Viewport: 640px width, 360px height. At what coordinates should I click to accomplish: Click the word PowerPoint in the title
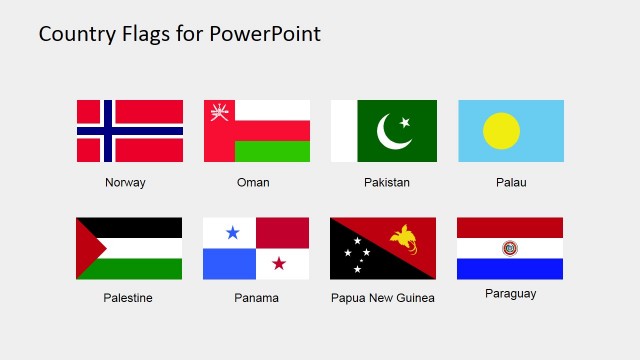click(265, 34)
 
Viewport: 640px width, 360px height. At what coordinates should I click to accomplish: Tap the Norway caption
click(125, 183)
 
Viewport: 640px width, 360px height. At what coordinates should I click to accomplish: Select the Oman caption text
click(253, 183)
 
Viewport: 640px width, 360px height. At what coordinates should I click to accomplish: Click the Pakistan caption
click(386, 183)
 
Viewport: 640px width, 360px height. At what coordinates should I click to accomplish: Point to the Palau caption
click(510, 183)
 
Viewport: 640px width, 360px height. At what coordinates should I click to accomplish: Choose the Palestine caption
click(128, 298)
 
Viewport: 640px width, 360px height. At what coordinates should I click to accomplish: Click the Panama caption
click(256, 298)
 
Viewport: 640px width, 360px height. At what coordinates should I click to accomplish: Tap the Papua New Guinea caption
click(383, 298)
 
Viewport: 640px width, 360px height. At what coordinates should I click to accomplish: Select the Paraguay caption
click(510, 294)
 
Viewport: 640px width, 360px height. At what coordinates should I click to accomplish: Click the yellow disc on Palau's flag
click(501, 130)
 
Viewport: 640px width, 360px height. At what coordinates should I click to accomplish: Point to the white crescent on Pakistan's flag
click(391, 132)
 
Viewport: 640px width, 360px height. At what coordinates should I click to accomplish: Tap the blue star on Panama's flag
click(233, 233)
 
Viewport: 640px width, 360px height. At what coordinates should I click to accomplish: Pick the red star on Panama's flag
click(279, 264)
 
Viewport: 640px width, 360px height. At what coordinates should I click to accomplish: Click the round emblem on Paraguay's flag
click(510, 248)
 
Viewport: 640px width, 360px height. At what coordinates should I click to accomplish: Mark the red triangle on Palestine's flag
click(88, 248)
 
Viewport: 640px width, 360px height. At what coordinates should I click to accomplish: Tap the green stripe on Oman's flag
click(272, 152)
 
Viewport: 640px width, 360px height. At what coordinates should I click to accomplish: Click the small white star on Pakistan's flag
click(405, 123)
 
